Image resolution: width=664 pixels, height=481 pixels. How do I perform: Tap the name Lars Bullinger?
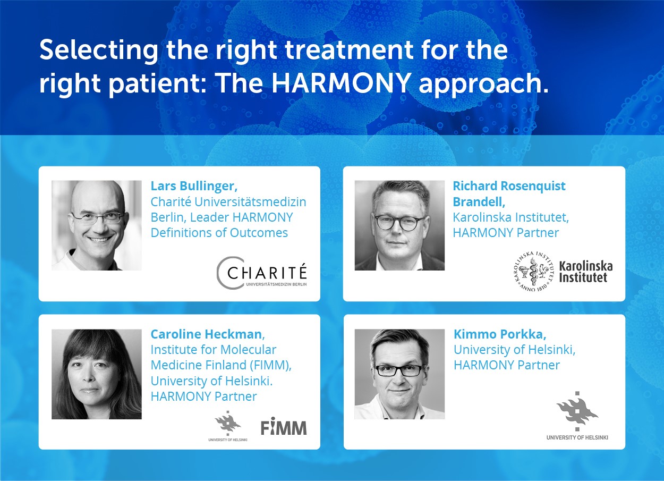[194, 186]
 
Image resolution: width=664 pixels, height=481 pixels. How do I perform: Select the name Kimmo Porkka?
[500, 334]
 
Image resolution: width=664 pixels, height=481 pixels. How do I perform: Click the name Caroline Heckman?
[206, 334]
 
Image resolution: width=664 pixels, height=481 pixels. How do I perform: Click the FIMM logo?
[284, 427]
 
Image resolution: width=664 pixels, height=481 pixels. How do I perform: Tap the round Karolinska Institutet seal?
[533, 271]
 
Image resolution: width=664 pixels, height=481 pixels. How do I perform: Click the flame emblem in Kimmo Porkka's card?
[577, 411]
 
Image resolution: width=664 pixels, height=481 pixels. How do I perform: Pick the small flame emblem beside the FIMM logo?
[228, 423]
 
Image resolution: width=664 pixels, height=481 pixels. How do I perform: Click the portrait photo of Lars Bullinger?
[97, 225]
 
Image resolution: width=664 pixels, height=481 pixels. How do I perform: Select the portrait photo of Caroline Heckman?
[97, 374]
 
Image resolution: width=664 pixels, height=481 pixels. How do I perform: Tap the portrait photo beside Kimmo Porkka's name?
[399, 374]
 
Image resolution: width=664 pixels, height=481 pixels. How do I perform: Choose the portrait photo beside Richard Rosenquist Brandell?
[399, 225]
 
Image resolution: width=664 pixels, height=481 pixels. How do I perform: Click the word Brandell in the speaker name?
[479, 201]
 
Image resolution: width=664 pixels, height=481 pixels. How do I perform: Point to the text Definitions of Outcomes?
[219, 233]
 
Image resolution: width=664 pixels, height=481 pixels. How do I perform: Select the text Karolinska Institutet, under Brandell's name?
[510, 217]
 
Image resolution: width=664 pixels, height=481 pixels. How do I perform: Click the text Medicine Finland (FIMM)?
[221, 365]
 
